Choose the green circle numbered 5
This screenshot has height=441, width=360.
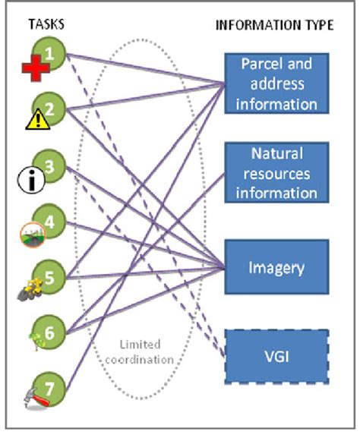point(50,276)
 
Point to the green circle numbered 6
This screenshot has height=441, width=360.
point(50,332)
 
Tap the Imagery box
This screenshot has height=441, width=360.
point(275,267)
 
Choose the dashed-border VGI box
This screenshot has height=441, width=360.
point(275,354)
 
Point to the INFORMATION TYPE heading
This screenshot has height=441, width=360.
point(274,25)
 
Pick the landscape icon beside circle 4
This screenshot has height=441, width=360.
point(30,235)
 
